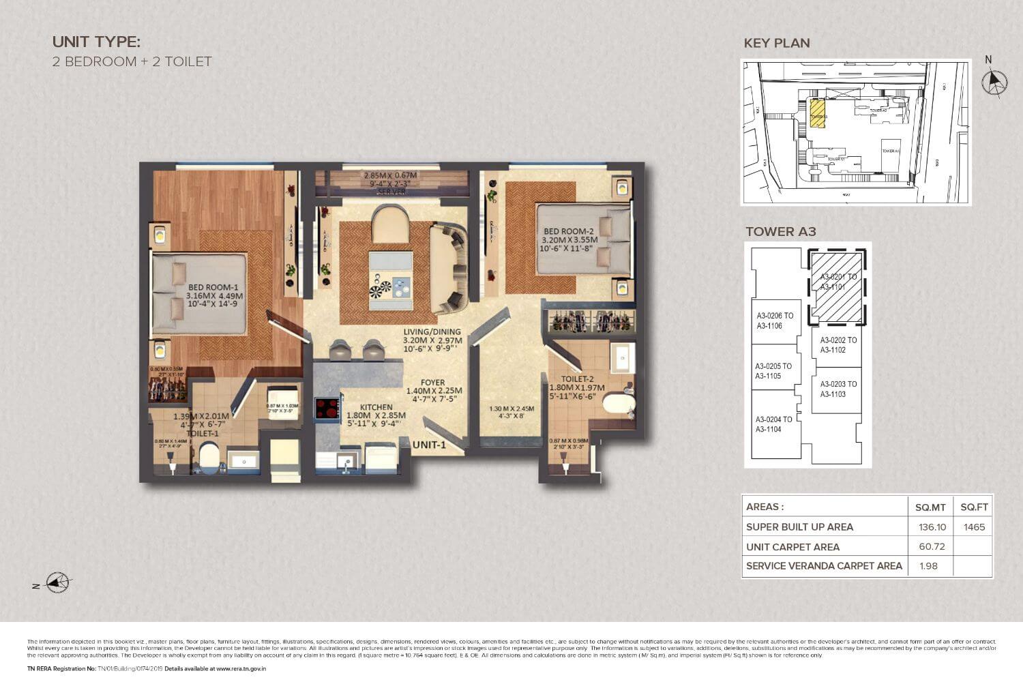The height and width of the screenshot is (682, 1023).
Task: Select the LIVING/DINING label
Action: pyautogui.click(x=432, y=332)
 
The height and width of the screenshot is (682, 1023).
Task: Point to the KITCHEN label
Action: pyautogui.click(x=376, y=407)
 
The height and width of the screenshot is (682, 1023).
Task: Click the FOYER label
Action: pyautogui.click(x=432, y=383)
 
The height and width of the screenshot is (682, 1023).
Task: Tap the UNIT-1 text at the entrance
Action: pyautogui.click(x=430, y=445)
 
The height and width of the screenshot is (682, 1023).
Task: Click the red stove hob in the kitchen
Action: pyautogui.click(x=327, y=408)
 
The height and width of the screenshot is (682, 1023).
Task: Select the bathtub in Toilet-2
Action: pyautogui.click(x=619, y=403)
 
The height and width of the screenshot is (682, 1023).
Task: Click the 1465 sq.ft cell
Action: pyautogui.click(x=974, y=527)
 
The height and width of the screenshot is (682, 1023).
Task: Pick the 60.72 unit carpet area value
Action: pyautogui.click(x=930, y=546)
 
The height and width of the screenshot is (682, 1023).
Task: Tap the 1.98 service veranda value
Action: pyautogui.click(x=929, y=565)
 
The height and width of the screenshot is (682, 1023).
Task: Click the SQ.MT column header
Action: pyautogui.click(x=930, y=507)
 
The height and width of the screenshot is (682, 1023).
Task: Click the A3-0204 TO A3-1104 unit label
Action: pyautogui.click(x=773, y=424)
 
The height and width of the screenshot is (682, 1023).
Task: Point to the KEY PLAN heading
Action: pyautogui.click(x=777, y=43)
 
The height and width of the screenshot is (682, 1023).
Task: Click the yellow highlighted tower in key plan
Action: pyautogui.click(x=817, y=113)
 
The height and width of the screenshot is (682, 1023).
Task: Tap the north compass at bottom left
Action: pyautogui.click(x=58, y=583)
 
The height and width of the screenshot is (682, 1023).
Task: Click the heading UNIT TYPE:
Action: pyautogui.click(x=96, y=42)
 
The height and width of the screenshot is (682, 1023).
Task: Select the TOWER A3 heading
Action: pyautogui.click(x=780, y=231)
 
